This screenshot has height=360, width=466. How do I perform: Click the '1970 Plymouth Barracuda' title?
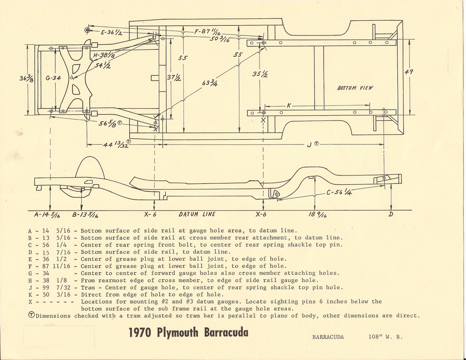click(x=189, y=332)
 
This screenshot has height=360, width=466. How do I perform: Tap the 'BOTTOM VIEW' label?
click(x=355, y=88)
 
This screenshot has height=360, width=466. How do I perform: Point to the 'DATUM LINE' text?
click(x=197, y=214)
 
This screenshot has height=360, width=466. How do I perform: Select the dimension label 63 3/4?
click(x=210, y=83)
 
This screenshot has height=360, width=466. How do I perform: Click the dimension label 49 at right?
click(x=409, y=72)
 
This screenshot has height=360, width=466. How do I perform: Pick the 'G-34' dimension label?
click(x=53, y=78)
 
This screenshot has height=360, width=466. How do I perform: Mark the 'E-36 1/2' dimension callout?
click(x=111, y=32)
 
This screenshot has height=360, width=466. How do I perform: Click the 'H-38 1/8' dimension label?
click(x=104, y=55)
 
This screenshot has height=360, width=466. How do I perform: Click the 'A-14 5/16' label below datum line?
click(x=47, y=215)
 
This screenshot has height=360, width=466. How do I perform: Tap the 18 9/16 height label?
click(x=317, y=215)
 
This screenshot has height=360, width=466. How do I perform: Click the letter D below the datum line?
click(x=391, y=214)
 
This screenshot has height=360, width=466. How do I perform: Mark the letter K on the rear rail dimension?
click(x=289, y=106)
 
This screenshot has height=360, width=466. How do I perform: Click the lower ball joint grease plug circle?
click(x=88, y=30)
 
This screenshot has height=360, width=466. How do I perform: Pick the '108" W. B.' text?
click(x=385, y=337)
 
